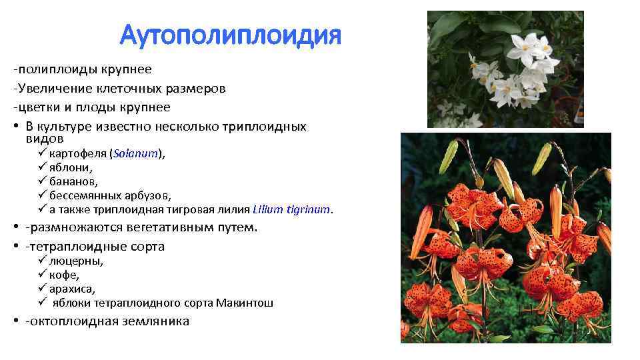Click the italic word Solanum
(136, 153)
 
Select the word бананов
(73, 181)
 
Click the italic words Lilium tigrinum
(291, 209)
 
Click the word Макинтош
(244, 303)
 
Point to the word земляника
(155, 321)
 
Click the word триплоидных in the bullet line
(266, 127)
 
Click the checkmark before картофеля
(42, 153)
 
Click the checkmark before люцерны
(42, 261)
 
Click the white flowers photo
(505, 69)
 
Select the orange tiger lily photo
(505, 237)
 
